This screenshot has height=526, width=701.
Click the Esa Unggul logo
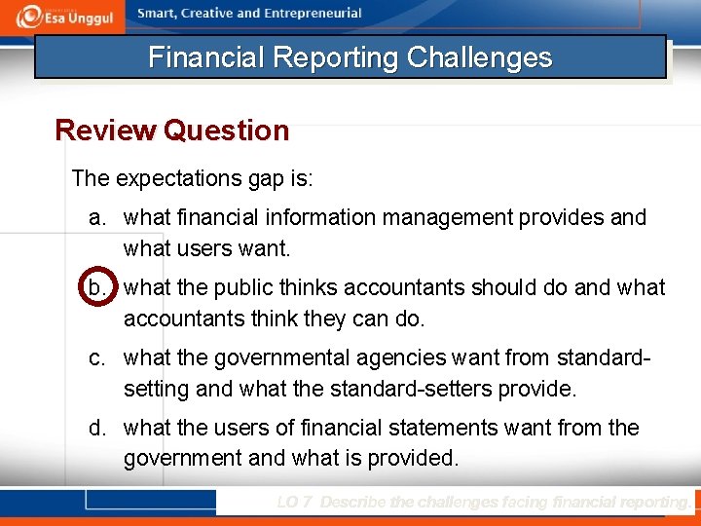pyautogui.click(x=65, y=16)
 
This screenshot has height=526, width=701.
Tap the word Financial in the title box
pyautogui.click(x=206, y=57)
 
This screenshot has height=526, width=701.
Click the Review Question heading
pyautogui.click(x=172, y=130)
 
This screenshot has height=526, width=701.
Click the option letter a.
pyautogui.click(x=96, y=217)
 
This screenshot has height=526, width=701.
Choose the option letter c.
pyautogui.click(x=96, y=358)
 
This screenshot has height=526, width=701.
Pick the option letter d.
pyautogui.click(x=96, y=428)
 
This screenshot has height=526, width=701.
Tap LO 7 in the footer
pyautogui.click(x=295, y=503)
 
